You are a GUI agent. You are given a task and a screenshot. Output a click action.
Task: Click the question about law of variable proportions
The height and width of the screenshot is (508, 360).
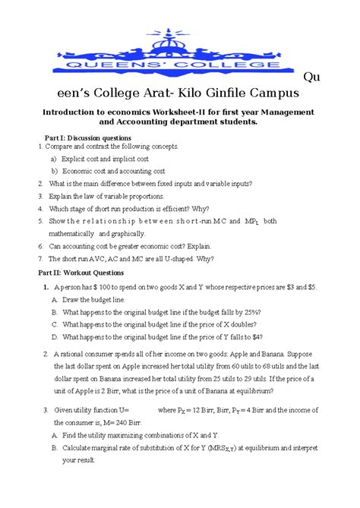(107, 196)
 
